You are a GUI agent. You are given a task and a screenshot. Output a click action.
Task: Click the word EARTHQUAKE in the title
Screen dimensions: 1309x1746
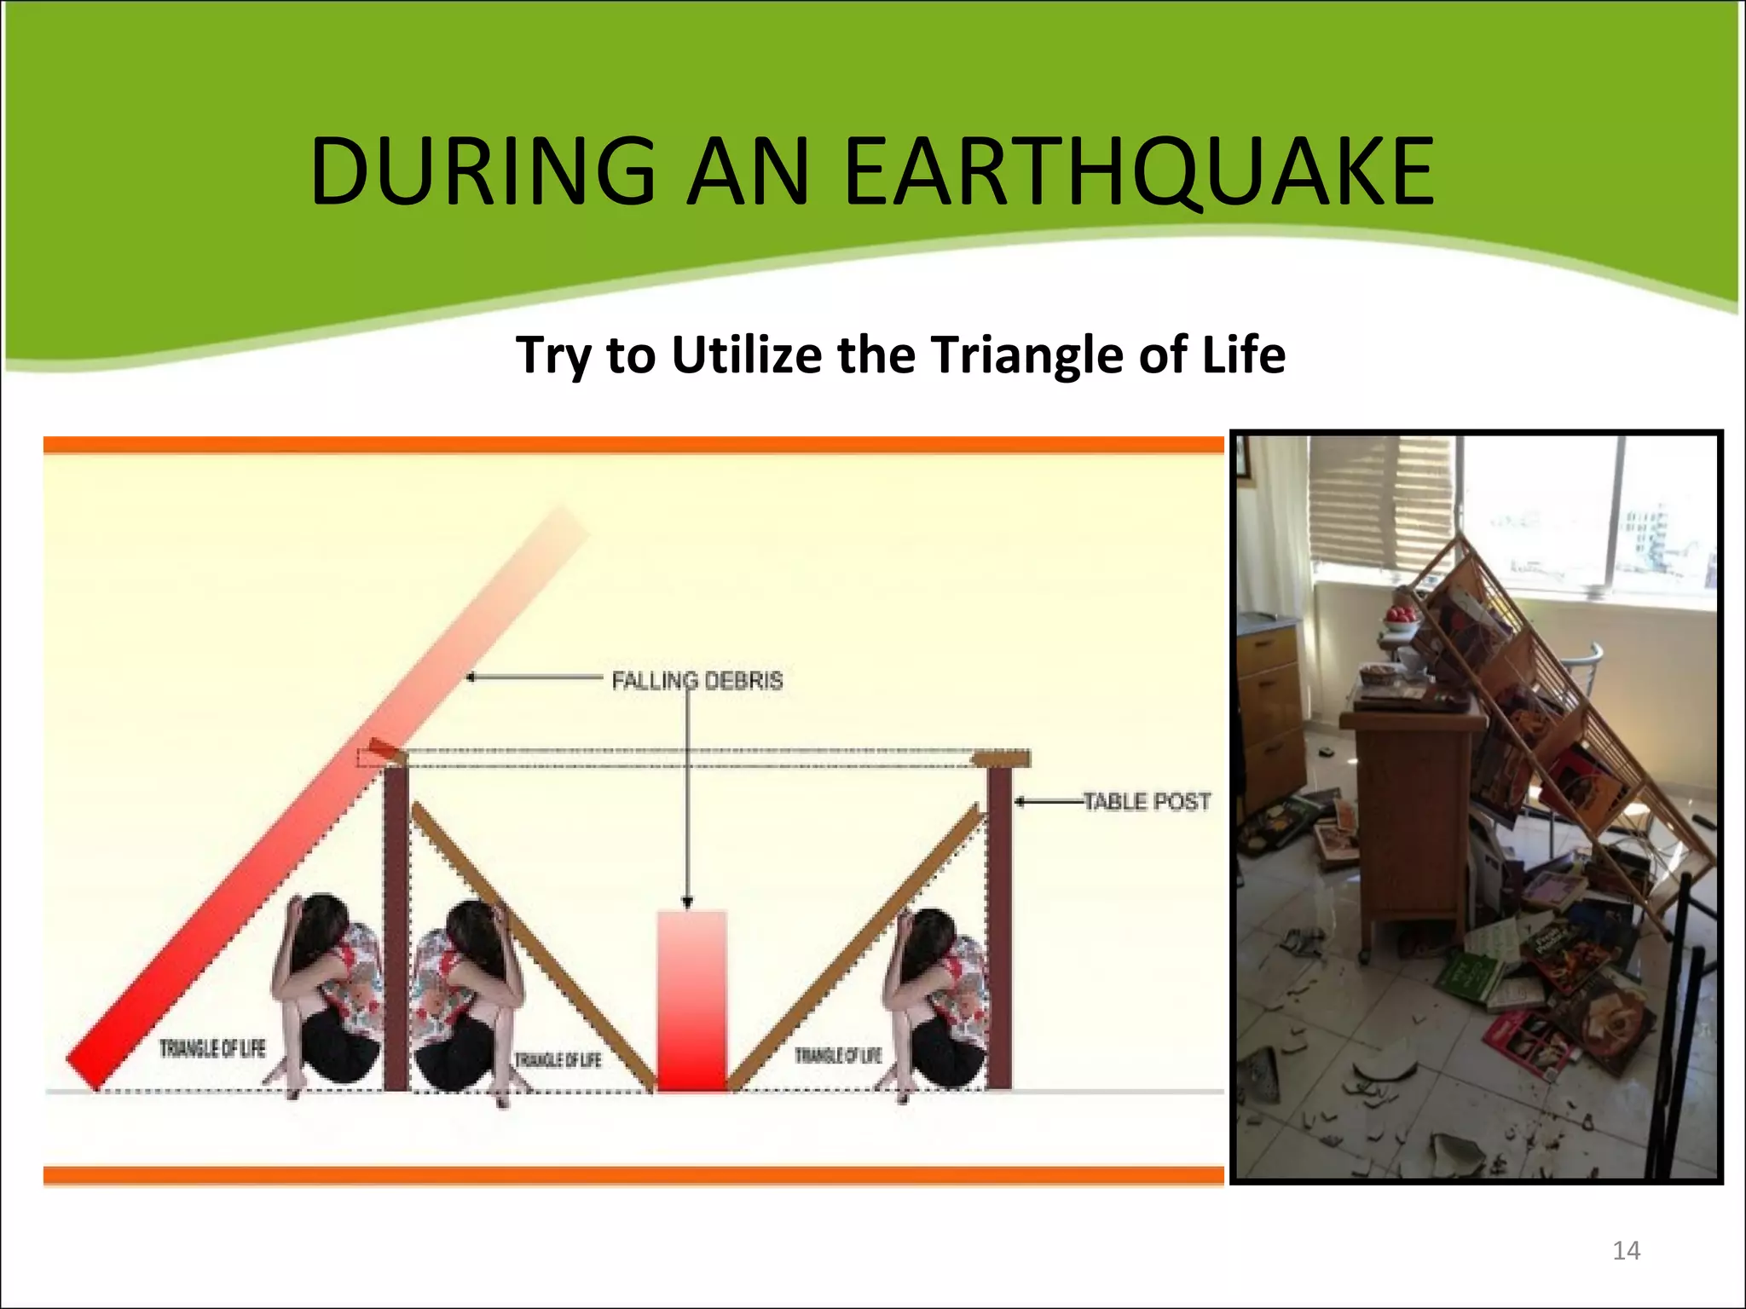click(1139, 172)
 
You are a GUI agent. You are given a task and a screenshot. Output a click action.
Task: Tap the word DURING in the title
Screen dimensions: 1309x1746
click(483, 172)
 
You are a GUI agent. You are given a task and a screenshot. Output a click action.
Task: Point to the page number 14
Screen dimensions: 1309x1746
click(1626, 1250)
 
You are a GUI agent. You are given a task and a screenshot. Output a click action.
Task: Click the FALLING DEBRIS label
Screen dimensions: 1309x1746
click(697, 680)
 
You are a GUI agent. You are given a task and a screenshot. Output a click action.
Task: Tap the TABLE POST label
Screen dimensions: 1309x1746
click(1147, 801)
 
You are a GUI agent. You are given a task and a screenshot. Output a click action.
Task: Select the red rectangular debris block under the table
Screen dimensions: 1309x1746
click(691, 1001)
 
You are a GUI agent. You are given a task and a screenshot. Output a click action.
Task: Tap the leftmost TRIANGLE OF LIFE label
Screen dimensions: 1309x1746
click(212, 1048)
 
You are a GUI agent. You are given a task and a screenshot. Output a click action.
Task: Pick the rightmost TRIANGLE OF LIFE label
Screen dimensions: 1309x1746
click(837, 1056)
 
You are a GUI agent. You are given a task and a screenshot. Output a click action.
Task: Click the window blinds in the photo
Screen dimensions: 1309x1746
click(1381, 503)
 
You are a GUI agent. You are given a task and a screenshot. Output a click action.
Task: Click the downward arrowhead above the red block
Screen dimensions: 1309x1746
click(688, 902)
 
